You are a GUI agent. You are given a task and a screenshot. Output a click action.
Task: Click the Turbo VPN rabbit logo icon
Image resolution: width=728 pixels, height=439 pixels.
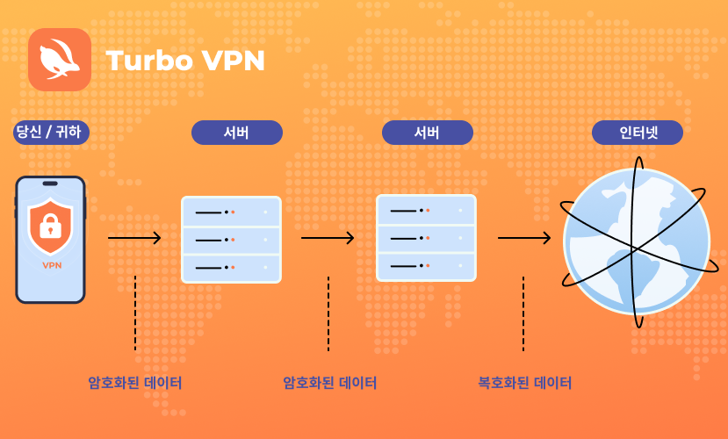pos(60,60)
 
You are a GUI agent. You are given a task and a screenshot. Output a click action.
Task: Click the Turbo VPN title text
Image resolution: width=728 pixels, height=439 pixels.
pos(185,61)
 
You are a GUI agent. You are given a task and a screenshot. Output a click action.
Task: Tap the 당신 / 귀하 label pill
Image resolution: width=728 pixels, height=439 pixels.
pos(51,133)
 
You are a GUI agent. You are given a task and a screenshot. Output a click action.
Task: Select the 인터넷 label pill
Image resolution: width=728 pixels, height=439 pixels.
pos(638,133)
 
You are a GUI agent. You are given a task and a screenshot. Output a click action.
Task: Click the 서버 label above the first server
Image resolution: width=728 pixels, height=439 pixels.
pos(237,133)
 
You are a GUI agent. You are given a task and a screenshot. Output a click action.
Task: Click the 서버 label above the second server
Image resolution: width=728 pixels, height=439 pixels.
pos(428,133)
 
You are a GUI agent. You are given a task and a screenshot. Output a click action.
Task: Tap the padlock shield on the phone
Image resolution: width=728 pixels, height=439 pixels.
pos(51,226)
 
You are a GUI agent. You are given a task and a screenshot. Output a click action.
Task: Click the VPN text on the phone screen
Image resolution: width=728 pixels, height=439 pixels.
pos(52,265)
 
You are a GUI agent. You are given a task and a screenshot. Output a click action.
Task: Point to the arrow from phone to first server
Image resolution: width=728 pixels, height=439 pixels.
pos(134,238)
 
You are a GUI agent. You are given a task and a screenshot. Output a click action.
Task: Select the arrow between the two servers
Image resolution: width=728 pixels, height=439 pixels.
pos(328,238)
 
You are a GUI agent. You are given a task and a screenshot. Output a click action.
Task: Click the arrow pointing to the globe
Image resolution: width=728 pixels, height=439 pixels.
pos(524,238)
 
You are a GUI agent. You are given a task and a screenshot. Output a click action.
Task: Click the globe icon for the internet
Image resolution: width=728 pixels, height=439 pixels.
pos(637,241)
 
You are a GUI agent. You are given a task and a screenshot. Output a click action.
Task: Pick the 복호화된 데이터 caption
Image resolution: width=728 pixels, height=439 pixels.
pos(524,383)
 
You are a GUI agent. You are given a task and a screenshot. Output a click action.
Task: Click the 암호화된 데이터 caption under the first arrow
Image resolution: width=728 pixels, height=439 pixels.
pos(134,383)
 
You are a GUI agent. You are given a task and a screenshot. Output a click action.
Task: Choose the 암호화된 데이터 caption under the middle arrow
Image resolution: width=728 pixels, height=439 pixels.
pos(329,383)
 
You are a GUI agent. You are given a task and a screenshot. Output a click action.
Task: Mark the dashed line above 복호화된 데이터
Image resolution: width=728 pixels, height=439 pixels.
pos(523,313)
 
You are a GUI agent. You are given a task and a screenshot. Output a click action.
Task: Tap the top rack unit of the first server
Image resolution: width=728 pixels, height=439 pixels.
pos(231,212)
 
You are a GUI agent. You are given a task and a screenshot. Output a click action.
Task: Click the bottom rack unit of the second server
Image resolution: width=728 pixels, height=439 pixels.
pos(426,266)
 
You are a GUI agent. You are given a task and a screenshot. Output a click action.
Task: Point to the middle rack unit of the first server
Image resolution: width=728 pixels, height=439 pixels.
pos(231,240)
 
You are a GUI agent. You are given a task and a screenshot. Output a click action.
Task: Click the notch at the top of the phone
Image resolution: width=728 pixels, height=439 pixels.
pos(50,184)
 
